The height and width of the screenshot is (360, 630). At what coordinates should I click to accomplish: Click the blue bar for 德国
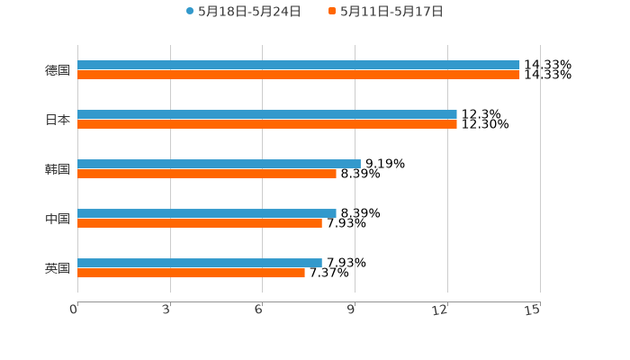point(299,65)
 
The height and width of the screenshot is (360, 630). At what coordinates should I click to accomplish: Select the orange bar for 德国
point(299,75)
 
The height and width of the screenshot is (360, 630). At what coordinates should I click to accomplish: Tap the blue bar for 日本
point(267,114)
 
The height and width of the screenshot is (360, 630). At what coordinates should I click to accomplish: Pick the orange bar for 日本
point(267,124)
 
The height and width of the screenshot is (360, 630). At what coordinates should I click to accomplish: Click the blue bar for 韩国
point(219,164)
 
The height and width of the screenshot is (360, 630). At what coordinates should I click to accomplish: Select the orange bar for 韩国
point(207,174)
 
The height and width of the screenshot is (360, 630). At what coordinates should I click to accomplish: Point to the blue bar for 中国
point(207,213)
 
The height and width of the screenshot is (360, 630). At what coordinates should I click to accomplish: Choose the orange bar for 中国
point(200,223)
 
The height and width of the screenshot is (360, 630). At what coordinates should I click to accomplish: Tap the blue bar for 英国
point(200,263)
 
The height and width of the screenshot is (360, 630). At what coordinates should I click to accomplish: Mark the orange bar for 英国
point(191,273)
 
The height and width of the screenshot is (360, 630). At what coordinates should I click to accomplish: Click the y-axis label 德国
point(58,70)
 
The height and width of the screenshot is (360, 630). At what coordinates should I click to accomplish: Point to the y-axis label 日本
point(58,120)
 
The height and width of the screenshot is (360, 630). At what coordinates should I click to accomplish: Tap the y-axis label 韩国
point(58,169)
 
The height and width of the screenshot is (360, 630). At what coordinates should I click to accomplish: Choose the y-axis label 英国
point(58,268)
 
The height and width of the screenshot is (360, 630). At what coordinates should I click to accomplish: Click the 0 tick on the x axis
point(74,310)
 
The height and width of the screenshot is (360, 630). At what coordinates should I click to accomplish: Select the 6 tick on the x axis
point(259,310)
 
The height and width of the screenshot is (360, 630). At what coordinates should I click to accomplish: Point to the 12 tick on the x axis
point(441,310)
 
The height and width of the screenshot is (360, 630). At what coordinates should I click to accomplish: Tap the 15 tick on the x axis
point(534,310)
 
